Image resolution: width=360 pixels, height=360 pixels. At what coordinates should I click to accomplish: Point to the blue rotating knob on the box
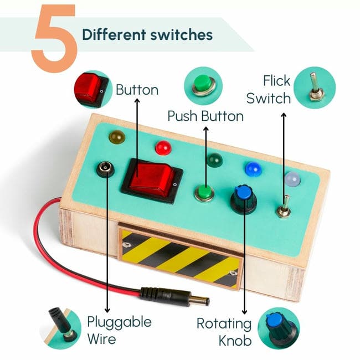click(242, 197)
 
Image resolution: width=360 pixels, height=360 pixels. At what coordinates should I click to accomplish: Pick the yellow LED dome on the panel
click(116, 136)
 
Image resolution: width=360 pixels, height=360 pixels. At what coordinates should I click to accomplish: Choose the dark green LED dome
click(214, 161)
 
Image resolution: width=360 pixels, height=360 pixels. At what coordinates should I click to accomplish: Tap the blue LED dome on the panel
click(253, 169)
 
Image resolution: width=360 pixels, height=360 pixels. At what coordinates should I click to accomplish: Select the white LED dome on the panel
click(292, 178)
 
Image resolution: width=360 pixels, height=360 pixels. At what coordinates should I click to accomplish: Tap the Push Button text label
click(205, 116)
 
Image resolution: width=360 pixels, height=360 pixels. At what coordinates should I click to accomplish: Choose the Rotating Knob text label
click(224, 331)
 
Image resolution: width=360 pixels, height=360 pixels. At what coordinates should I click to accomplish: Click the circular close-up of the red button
click(91, 89)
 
